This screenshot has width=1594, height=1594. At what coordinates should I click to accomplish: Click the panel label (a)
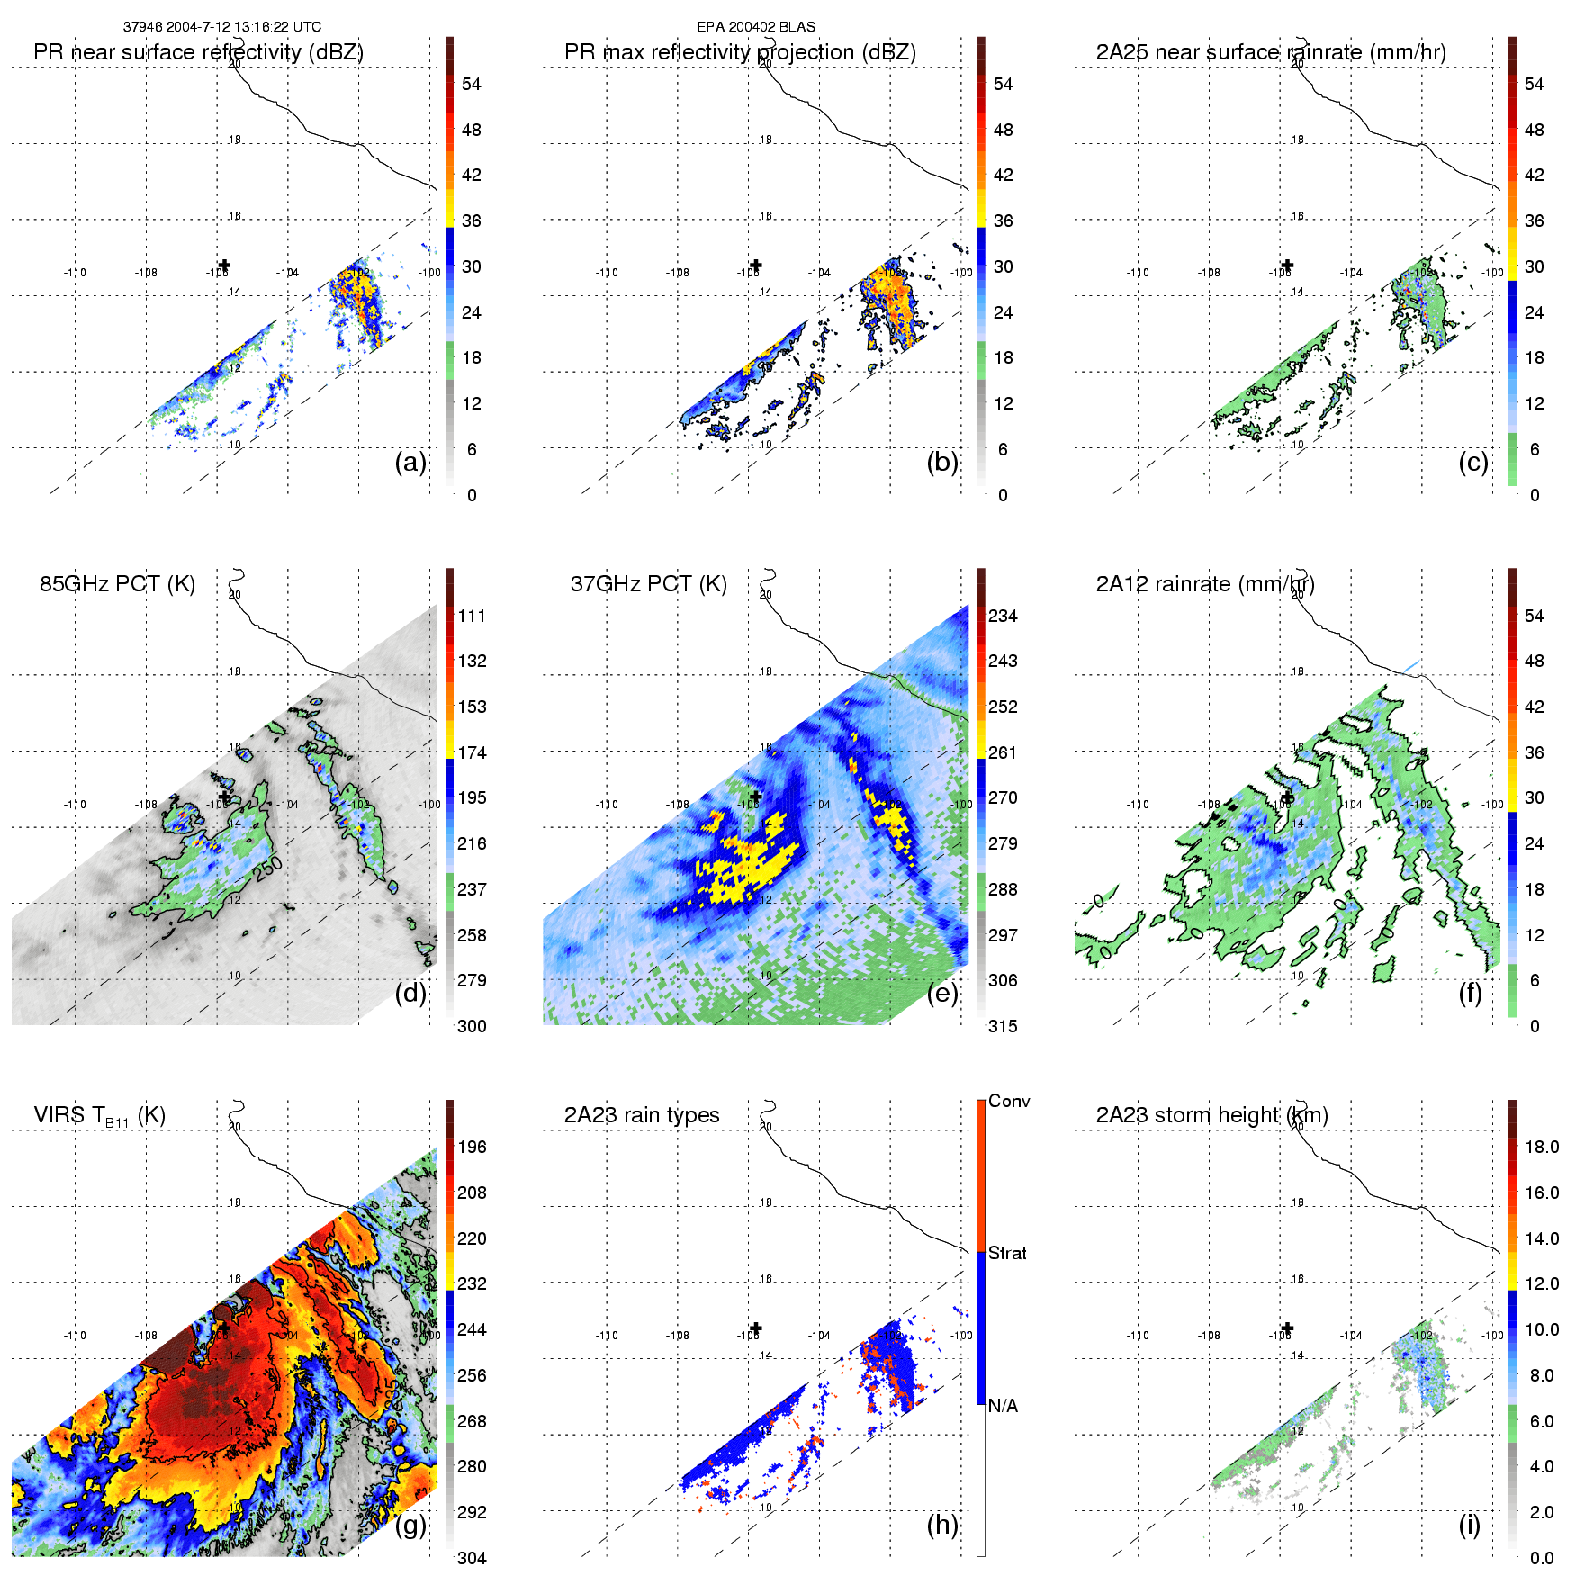(410, 463)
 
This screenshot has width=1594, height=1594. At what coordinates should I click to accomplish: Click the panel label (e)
(941, 994)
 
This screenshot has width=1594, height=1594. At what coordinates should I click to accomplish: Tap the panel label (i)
(1469, 1525)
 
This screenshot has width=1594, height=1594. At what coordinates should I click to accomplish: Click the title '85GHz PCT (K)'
(117, 583)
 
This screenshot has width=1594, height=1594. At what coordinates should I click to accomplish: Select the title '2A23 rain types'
(642, 1114)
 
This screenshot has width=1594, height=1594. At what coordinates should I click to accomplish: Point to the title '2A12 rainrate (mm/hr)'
(1205, 583)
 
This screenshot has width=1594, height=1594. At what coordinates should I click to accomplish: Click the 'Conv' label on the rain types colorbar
(1009, 1101)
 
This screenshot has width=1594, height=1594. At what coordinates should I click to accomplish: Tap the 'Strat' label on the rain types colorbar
(1007, 1253)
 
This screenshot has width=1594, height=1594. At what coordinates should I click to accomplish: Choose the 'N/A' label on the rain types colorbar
(1003, 1406)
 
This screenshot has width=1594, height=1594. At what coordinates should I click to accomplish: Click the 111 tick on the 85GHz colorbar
(472, 616)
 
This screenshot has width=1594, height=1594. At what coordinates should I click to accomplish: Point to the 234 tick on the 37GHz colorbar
(1003, 616)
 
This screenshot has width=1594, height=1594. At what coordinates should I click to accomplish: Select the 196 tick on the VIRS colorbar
(472, 1147)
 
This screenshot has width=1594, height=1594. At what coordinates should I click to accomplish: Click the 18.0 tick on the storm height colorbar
(1541, 1147)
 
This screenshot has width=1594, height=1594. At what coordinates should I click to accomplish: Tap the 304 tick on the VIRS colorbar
(472, 1558)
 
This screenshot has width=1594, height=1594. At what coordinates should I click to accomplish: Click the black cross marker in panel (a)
(224, 266)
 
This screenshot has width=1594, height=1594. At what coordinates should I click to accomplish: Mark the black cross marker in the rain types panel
(756, 1328)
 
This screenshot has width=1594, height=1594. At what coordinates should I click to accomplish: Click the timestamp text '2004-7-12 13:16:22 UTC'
(244, 27)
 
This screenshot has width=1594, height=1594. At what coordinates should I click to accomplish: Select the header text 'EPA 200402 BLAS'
(756, 27)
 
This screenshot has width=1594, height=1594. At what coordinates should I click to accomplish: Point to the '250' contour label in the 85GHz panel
(268, 869)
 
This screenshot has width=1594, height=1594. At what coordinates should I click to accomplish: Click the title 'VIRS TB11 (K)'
(99, 1115)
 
